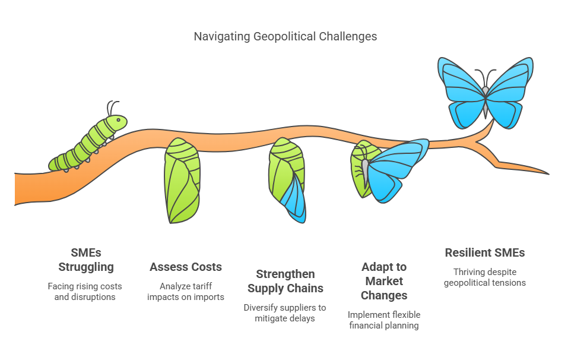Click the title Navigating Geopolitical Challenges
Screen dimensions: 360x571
(285, 36)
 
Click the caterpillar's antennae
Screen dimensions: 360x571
(112, 108)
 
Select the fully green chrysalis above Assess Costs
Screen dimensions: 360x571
(181, 181)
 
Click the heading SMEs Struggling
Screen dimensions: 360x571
(85, 260)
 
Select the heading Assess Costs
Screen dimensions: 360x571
(186, 267)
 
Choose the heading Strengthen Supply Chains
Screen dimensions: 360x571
(285, 281)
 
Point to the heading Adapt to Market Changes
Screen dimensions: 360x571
(383, 281)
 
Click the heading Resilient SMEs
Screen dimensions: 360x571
(485, 252)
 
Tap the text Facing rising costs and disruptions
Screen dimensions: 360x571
(85, 291)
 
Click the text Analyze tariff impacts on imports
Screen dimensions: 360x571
(186, 291)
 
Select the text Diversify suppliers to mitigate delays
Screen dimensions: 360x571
(285, 312)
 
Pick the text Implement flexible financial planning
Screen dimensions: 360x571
(383, 320)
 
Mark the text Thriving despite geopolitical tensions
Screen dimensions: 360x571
(485, 277)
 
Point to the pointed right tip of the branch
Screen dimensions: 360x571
(546, 173)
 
